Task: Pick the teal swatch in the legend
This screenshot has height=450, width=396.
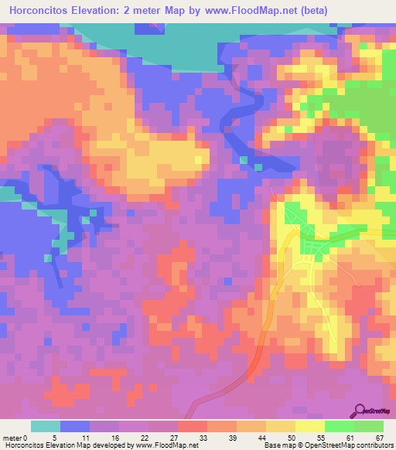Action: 46,426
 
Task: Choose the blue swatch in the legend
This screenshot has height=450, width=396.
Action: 75,426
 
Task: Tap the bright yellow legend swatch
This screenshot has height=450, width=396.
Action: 309,426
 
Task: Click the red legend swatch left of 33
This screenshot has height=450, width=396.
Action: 193,426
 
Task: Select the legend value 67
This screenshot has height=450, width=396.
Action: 378,438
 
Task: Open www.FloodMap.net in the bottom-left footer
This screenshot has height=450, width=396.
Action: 164,446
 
